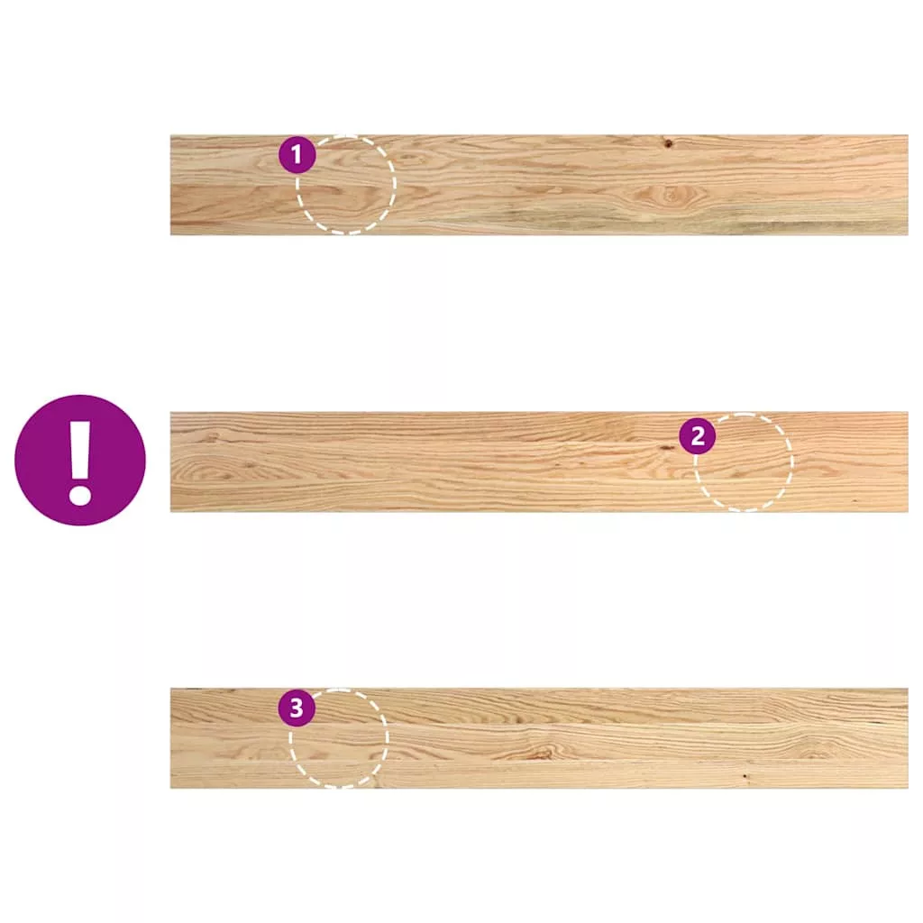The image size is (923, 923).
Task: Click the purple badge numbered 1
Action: (x=297, y=155)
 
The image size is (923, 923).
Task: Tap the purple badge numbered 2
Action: (x=698, y=436)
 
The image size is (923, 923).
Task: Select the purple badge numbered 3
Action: (x=296, y=708)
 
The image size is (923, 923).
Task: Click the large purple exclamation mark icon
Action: (x=80, y=460)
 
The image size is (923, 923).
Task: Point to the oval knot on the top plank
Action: (x=670, y=194)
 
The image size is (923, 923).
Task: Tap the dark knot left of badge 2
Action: (x=667, y=448)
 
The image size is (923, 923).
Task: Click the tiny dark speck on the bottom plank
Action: (x=745, y=777)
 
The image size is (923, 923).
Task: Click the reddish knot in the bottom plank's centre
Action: (x=541, y=753)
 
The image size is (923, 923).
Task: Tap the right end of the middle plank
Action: (x=907, y=461)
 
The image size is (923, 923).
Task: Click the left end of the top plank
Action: (x=171, y=185)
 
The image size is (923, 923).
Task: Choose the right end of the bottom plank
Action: (x=907, y=738)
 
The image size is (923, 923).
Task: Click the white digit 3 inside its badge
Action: (x=296, y=708)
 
